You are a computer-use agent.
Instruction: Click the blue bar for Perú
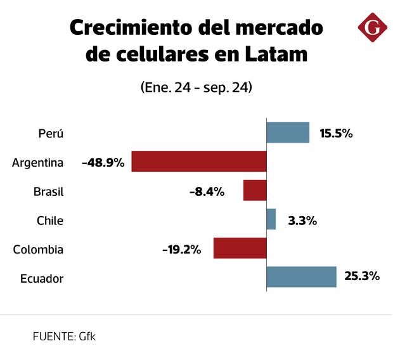[288, 132]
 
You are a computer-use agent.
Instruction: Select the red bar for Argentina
[199, 162]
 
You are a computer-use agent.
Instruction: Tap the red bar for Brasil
[255, 191]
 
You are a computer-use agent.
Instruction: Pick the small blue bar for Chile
[271, 219]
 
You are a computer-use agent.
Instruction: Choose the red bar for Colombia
[240, 248]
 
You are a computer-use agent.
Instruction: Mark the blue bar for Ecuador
[301, 277]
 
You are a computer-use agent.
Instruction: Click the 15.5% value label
[336, 133]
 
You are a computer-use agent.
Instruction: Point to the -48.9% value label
[103, 162]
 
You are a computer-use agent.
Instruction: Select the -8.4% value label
[207, 191]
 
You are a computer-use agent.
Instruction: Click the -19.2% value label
[181, 249]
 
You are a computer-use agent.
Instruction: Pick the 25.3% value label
[363, 276]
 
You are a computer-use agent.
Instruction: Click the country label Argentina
[38, 162]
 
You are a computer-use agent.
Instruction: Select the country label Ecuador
[42, 278]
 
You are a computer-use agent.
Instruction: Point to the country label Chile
[50, 221]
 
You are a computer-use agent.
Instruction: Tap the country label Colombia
[38, 249]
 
